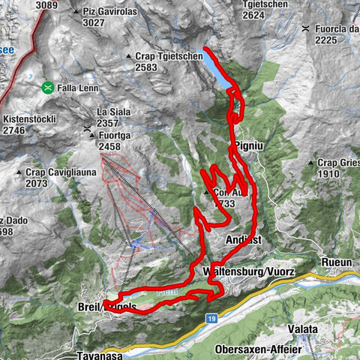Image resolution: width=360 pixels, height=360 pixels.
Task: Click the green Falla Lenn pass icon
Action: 47,87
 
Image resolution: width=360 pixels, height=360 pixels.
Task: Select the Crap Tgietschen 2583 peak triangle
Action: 129,56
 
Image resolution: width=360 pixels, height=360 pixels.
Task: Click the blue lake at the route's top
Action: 214,70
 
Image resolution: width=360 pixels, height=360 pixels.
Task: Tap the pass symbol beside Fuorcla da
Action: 305,28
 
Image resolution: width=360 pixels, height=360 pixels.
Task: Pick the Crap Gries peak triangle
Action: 310,163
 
